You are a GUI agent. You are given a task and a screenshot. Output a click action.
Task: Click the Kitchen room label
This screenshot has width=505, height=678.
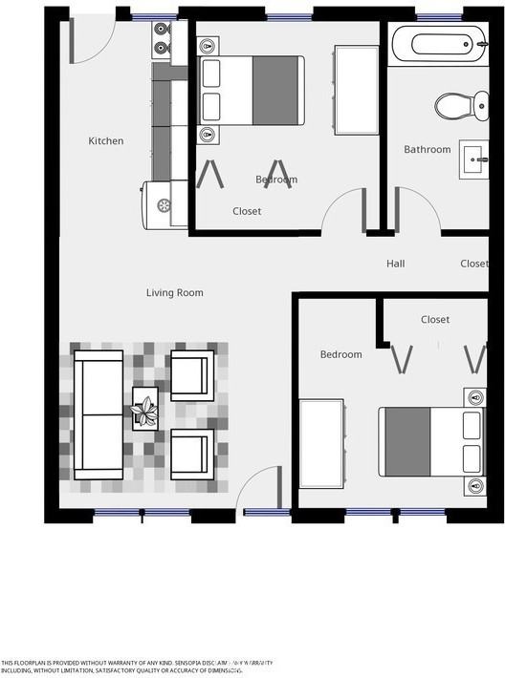tap(106, 141)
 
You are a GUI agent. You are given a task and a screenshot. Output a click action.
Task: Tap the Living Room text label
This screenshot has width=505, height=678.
tap(174, 293)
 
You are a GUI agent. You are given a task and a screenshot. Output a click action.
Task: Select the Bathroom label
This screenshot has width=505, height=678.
tap(427, 150)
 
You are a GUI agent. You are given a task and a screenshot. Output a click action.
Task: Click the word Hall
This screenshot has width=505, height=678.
tap(396, 264)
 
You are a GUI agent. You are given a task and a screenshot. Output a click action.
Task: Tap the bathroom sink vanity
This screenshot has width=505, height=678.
tap(473, 159)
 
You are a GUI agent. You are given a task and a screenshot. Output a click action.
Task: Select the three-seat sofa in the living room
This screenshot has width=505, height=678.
tap(99, 414)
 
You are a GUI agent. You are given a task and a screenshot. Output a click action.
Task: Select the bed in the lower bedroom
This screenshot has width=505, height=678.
tap(432, 441)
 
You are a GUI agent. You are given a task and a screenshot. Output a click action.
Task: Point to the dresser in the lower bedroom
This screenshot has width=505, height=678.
tap(322, 443)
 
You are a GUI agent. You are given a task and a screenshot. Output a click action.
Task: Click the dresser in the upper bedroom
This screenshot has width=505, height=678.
tap(351, 89)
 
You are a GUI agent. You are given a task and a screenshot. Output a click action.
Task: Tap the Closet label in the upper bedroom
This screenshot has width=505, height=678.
tap(247, 211)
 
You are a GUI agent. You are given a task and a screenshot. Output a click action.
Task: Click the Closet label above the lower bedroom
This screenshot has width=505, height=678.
tap(435, 320)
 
